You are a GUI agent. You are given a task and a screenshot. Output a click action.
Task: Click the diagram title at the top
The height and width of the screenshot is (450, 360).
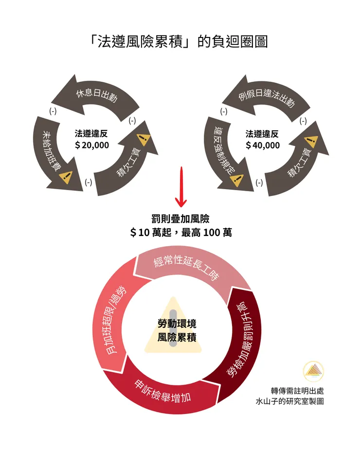coord(180,41)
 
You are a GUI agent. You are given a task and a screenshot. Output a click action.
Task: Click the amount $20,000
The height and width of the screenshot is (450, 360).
coord(92,145)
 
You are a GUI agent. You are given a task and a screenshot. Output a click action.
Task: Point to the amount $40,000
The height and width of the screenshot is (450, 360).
coord(263,145)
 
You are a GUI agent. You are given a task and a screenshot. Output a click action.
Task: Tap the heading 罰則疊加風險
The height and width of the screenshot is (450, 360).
coord(180,220)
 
